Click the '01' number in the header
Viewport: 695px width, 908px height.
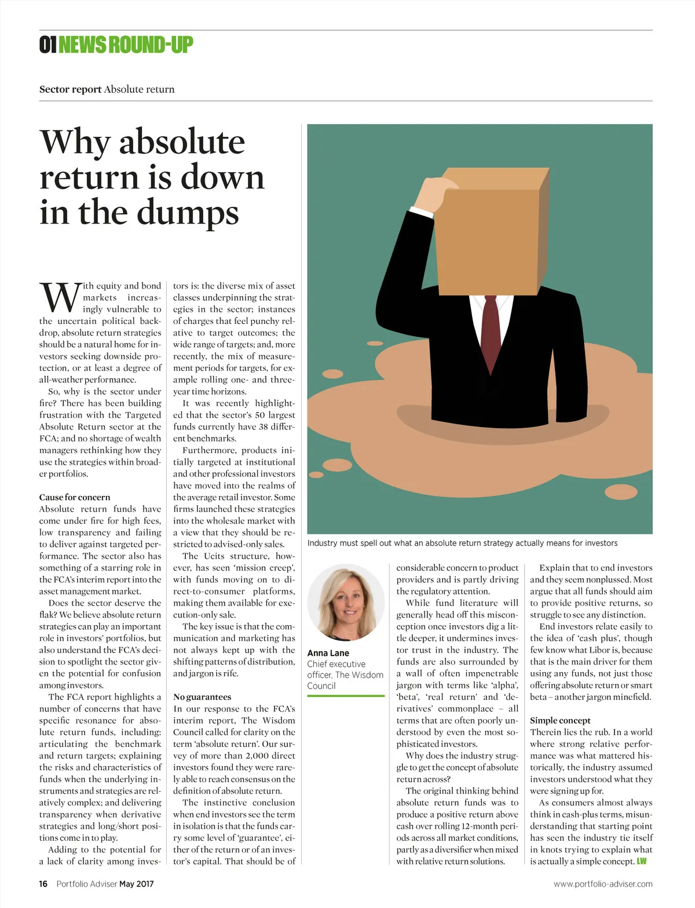pyautogui.click(x=47, y=45)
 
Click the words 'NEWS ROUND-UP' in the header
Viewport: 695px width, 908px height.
pyautogui.click(x=126, y=45)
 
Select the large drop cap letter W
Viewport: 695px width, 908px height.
pyautogui.click(x=60, y=297)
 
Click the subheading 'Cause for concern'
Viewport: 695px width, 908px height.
pyautogui.click(x=75, y=497)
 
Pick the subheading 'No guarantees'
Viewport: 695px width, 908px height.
pyautogui.click(x=202, y=697)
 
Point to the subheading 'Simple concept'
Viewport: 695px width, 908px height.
pyautogui.click(x=560, y=720)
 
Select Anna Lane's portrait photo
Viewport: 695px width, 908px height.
pyautogui.click(x=346, y=603)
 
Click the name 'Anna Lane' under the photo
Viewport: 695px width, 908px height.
pyautogui.click(x=328, y=653)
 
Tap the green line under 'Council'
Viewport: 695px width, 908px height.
pyautogui.click(x=346, y=695)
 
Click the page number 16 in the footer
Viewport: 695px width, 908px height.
pyautogui.click(x=43, y=884)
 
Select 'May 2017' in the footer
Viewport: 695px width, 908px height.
pyautogui.click(x=137, y=884)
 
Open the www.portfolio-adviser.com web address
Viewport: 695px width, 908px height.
pyautogui.click(x=603, y=884)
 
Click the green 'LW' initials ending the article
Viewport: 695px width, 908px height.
pyautogui.click(x=642, y=861)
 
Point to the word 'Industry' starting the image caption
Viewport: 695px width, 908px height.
pyautogui.click(x=323, y=543)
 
